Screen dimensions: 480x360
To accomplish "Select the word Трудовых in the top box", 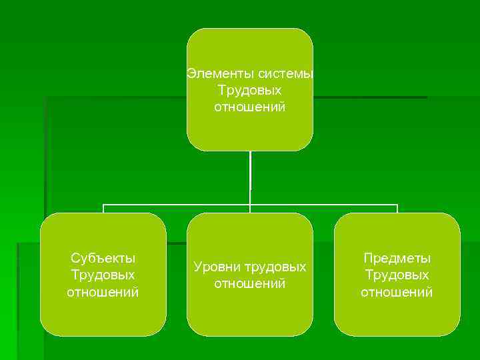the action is pos(250,90).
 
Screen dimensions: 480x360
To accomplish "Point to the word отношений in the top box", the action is pos(250,107).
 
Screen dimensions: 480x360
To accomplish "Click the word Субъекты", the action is pos(103,258).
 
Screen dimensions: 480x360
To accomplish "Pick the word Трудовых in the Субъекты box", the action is pos(103,275).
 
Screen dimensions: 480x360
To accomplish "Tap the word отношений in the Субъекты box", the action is pos(103,292).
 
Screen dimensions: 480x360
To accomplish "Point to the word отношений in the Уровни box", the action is pos(250,284).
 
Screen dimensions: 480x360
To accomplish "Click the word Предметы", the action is pos(397,258).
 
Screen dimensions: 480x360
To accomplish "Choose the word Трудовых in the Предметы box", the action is pos(397,275).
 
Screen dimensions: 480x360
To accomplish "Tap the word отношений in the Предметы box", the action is pos(397,292).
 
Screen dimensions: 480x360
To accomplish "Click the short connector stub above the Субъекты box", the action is pos(103,209).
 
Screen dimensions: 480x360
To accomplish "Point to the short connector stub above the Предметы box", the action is pos(397,209).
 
